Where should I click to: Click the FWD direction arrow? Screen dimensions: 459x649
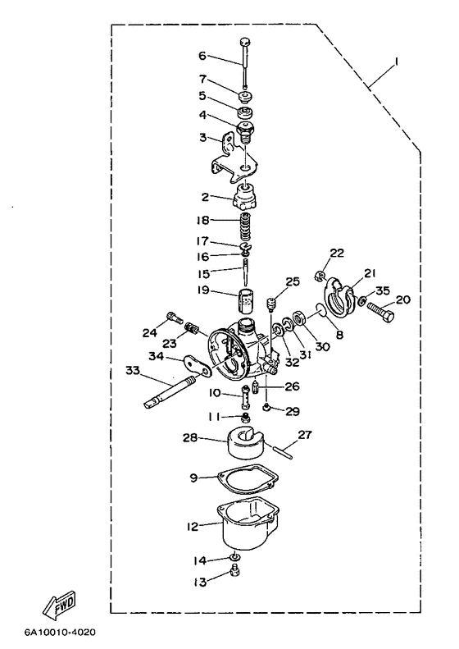click(60, 605)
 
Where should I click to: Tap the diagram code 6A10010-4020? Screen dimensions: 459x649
click(60, 632)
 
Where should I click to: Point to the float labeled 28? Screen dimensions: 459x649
click(246, 443)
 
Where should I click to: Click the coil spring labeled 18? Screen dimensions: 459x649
click(246, 229)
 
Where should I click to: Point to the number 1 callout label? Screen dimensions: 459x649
click(396, 62)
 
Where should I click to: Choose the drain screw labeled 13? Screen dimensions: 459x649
click(236, 573)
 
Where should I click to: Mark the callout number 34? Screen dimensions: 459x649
click(157, 356)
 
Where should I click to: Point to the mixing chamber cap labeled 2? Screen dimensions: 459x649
click(246, 198)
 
